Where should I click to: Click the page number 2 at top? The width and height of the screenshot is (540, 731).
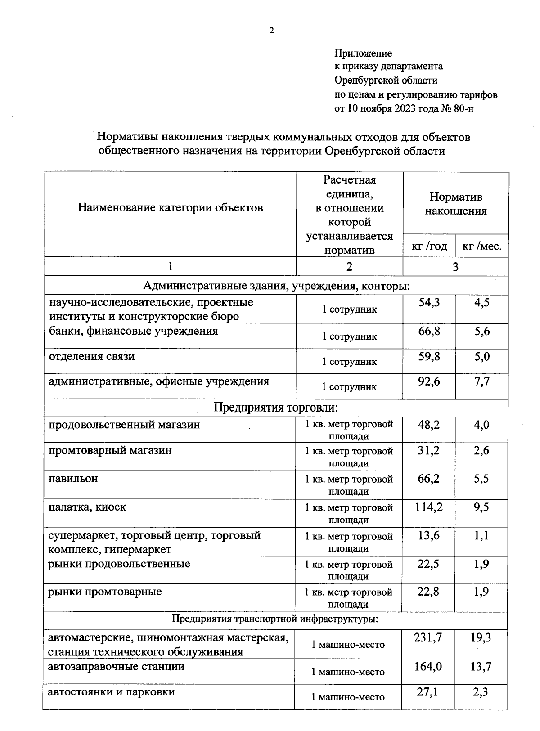[271, 31]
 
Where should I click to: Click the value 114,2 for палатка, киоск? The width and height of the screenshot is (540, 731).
[428, 507]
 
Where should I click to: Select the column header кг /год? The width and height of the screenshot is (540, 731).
[429, 246]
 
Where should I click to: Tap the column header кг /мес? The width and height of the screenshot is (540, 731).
[482, 246]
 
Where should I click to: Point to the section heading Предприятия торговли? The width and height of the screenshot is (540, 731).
[275, 408]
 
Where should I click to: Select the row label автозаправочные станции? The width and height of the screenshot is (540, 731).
[116, 666]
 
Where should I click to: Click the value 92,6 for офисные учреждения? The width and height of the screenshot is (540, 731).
[429, 381]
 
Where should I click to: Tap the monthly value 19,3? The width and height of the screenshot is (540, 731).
[481, 637]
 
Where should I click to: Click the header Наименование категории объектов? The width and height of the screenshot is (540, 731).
[170, 207]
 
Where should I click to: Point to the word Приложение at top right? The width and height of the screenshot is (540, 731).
[363, 54]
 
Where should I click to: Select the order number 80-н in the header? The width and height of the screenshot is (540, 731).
[464, 108]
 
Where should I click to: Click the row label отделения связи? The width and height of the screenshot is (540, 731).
[92, 356]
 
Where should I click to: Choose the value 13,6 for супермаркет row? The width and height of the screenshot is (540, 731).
[428, 536]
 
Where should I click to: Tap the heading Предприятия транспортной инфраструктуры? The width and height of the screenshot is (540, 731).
[275, 619]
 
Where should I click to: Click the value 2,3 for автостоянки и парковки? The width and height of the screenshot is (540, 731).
[481, 692]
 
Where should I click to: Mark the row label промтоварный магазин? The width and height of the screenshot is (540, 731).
[110, 450]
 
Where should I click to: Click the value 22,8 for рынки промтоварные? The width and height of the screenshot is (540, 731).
[428, 592]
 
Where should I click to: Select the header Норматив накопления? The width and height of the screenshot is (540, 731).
[455, 204]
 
